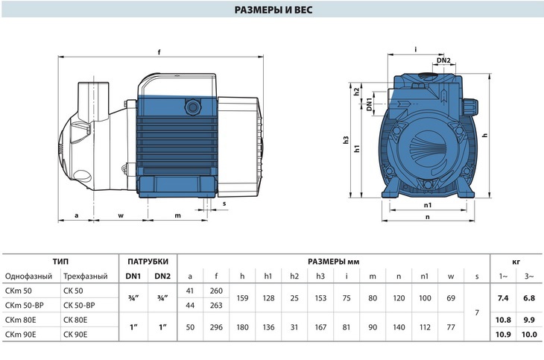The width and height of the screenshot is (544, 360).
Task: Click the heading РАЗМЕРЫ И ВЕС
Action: pyautogui.click(x=273, y=10)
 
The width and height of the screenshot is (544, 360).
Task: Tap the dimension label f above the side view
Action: pyautogui.click(x=159, y=52)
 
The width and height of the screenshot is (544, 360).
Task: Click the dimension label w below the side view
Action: pyautogui.click(x=121, y=215)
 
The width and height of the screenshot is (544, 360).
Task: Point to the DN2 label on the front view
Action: pyautogui.click(x=443, y=60)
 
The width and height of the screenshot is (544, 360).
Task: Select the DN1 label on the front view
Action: pyautogui.click(x=369, y=104)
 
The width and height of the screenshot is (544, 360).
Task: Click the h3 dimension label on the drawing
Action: pyautogui.click(x=346, y=140)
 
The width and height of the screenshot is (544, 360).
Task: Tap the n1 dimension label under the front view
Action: pyautogui.click(x=428, y=205)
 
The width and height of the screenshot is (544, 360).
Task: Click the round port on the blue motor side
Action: pyautogui.click(x=192, y=107)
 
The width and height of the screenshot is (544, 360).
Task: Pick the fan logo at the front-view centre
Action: pyautogui.click(x=428, y=148)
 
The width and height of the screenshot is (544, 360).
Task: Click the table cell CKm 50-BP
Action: pyautogui.click(x=25, y=306)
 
